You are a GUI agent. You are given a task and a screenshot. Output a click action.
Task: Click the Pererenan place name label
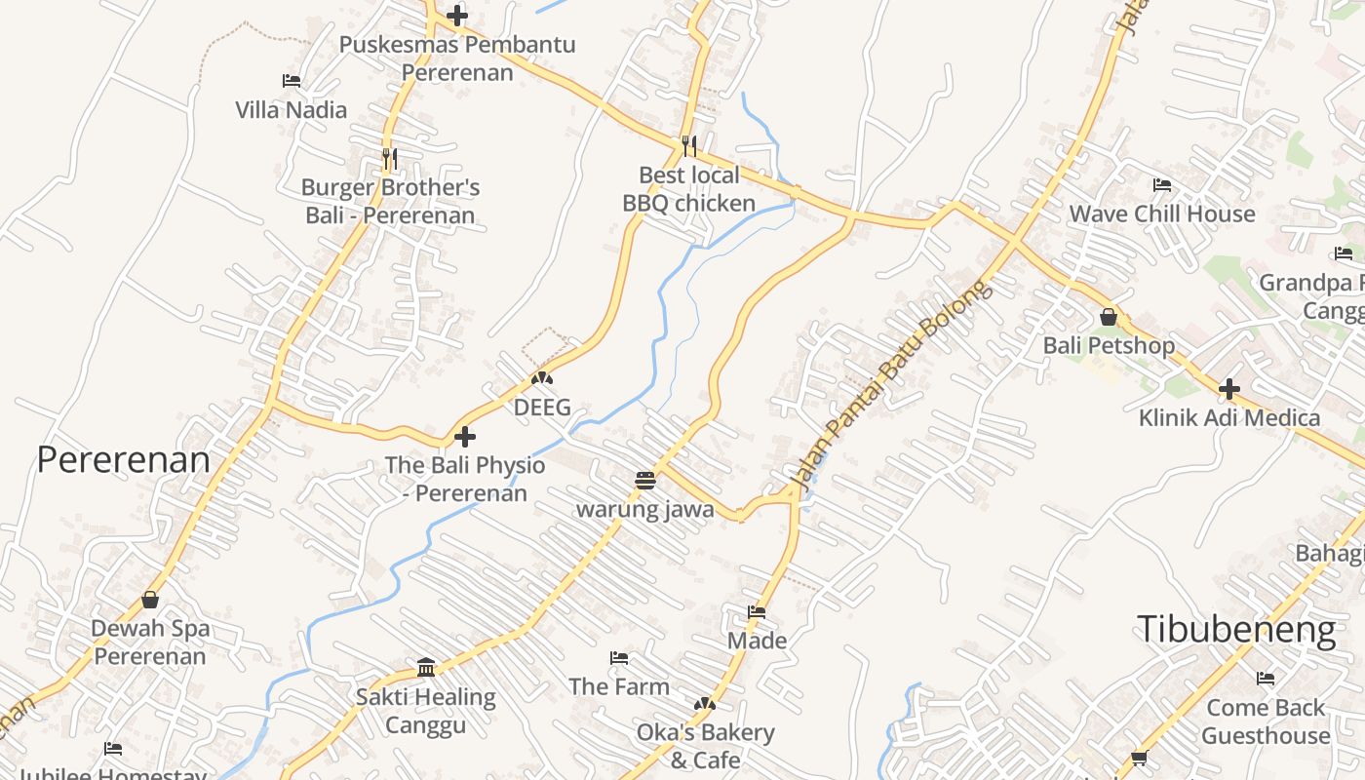(123, 459)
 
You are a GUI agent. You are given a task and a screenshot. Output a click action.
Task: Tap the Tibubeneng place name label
(1235, 629)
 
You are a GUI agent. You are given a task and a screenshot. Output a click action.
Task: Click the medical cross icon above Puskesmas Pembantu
(456, 16)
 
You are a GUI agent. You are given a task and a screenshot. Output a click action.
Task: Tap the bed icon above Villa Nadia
(291, 81)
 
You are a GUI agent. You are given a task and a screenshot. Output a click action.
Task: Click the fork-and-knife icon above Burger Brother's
(389, 157)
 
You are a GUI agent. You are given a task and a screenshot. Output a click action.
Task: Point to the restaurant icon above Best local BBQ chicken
(689, 145)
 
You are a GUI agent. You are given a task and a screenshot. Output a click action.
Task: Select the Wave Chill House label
(1162, 214)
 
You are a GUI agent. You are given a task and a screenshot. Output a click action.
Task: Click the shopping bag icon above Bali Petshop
(1108, 317)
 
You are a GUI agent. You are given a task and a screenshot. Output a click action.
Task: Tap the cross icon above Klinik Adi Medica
(1229, 389)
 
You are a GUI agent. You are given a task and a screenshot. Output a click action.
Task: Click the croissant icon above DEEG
(542, 378)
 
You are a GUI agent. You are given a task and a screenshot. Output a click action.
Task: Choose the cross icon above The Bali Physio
(465, 436)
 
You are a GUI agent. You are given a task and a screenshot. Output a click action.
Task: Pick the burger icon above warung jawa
(644, 480)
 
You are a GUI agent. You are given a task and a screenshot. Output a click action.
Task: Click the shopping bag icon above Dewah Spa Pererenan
(150, 599)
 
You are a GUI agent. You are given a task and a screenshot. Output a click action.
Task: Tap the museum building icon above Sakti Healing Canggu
(426, 667)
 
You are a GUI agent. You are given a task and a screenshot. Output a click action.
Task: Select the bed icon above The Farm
(618, 658)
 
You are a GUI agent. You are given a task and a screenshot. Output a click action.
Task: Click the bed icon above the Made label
(757, 612)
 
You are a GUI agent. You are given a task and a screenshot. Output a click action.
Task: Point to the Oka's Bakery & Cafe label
(705, 746)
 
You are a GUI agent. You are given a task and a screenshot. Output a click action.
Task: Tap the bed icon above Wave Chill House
(1161, 184)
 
